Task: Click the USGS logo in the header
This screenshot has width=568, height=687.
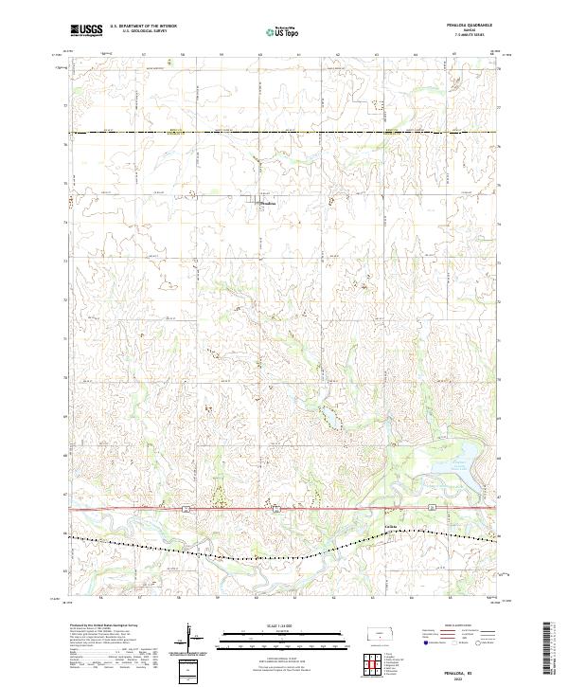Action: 86,30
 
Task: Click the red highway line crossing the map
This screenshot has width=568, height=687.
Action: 142,509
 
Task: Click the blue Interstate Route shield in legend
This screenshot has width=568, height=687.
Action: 425,642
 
